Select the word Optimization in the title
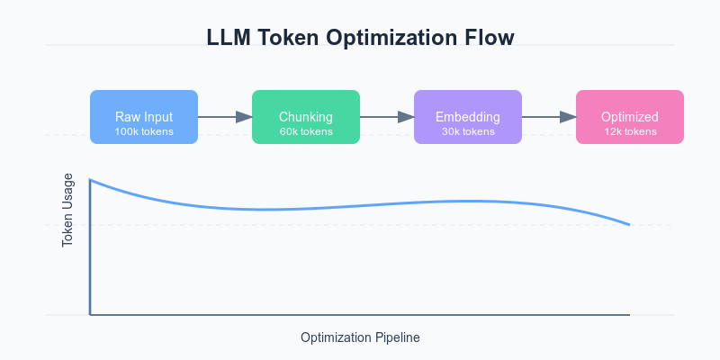point(394,38)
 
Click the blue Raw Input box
point(144,117)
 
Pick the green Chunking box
point(306,117)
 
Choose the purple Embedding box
point(468,117)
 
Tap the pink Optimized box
point(630,117)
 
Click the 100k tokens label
point(144,131)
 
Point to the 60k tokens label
point(306,131)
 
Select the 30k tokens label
point(468,131)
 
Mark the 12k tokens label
point(630,131)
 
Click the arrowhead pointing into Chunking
point(244,117)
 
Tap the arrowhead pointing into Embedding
point(407,117)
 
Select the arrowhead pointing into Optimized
point(569,117)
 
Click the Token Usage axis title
point(67,211)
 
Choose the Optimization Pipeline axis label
point(360,338)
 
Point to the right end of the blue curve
point(629,224)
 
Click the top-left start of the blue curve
point(91,180)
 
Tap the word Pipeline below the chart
point(397,338)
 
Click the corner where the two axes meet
point(91,315)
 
